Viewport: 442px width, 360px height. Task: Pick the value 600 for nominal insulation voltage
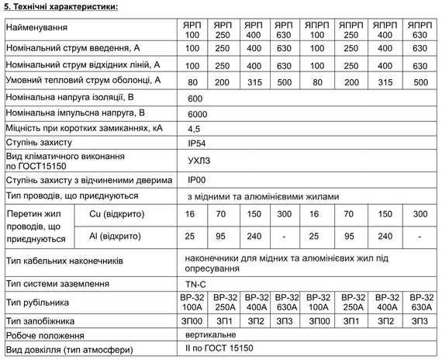[x=195, y=99]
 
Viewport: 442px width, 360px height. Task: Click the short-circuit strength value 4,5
[x=194, y=128]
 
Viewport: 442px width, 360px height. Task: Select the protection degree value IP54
[x=197, y=143]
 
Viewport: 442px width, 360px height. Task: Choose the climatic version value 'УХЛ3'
[x=199, y=161]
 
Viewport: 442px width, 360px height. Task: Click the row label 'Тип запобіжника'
[x=40, y=320]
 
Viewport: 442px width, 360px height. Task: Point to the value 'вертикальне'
[x=212, y=335]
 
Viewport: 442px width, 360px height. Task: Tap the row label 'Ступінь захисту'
[x=39, y=143]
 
